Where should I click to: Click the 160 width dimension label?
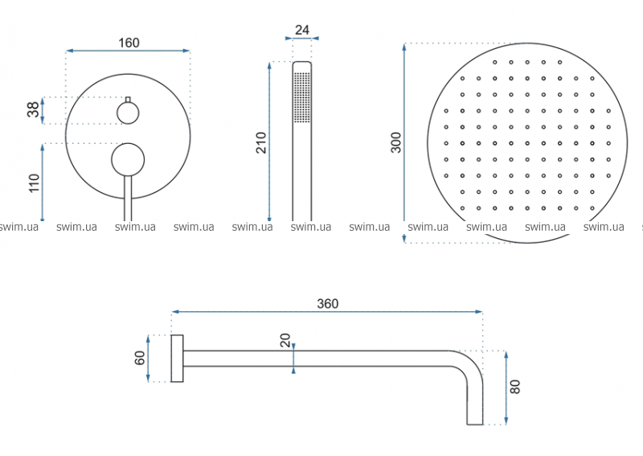[x=129, y=43]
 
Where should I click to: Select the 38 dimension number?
[x=33, y=109]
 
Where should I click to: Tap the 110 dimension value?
[x=34, y=183]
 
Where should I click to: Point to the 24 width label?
[x=302, y=30]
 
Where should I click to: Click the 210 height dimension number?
[x=261, y=143]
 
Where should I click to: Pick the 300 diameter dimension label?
[x=396, y=142]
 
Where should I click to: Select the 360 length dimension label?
[x=328, y=304]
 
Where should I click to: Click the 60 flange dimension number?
[x=140, y=358]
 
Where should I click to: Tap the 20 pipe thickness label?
[x=285, y=340]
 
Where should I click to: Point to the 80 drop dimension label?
[x=514, y=387]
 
